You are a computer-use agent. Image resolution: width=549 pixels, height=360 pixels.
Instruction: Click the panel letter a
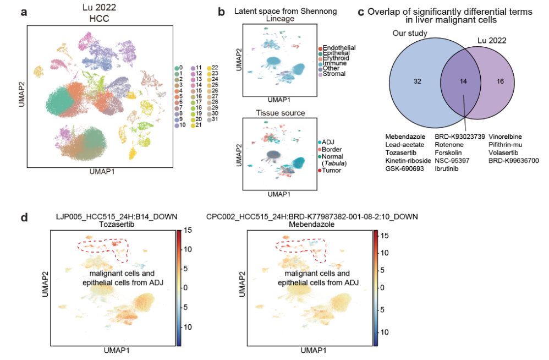(x=23, y=11)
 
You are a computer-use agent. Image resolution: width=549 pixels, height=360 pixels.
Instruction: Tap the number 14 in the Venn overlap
(x=464, y=81)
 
